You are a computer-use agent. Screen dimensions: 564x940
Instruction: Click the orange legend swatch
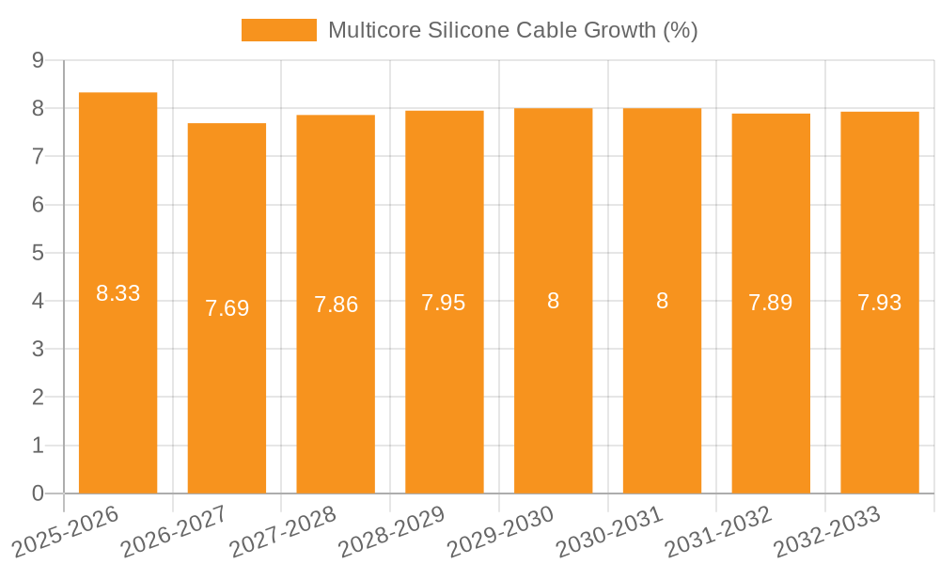click(x=278, y=30)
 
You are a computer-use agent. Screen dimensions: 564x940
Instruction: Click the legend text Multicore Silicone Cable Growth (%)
click(x=512, y=30)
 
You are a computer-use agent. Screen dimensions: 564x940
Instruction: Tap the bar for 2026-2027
click(x=227, y=395)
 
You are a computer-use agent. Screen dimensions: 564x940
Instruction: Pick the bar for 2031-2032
click(x=771, y=395)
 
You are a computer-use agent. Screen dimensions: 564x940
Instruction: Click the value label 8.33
click(x=117, y=293)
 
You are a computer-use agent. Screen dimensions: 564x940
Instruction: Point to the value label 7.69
click(x=227, y=308)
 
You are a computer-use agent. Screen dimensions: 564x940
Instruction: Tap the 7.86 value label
click(x=336, y=305)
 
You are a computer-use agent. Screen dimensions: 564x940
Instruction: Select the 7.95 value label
click(x=444, y=303)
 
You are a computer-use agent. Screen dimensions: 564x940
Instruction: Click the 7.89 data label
click(x=771, y=303)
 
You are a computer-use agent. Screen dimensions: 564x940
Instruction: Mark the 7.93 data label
click(x=880, y=303)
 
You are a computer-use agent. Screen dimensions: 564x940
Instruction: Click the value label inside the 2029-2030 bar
click(x=553, y=301)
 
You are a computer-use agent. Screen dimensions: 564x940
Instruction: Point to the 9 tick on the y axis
click(x=38, y=60)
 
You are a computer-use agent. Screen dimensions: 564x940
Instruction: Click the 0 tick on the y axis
click(x=38, y=493)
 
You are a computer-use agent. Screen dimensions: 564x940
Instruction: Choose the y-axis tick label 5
click(x=38, y=253)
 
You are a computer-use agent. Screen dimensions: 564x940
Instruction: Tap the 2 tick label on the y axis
click(x=38, y=398)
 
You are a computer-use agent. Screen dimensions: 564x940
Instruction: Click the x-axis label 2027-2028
click(x=283, y=531)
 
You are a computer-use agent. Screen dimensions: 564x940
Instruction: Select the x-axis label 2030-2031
click(x=609, y=531)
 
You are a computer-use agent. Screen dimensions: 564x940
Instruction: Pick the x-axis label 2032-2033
click(x=827, y=531)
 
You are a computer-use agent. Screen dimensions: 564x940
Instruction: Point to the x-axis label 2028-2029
click(x=392, y=531)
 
